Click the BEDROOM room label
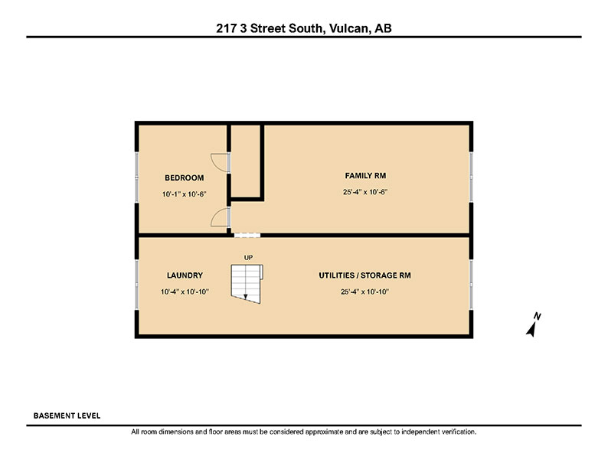185,178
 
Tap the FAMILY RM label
365,175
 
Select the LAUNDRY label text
185,275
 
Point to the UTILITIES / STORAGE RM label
364,275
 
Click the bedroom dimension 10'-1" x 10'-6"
185,194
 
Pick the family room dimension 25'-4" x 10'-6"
365,192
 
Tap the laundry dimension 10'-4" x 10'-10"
185,292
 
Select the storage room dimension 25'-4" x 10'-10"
364,292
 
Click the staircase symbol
247,284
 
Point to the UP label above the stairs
248,258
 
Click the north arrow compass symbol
533,324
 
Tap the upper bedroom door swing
220,163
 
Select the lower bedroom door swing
220,217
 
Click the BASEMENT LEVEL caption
67,415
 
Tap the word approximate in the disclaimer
324,432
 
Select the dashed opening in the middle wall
247,235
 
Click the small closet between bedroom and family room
246,161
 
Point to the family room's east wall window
471,177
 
